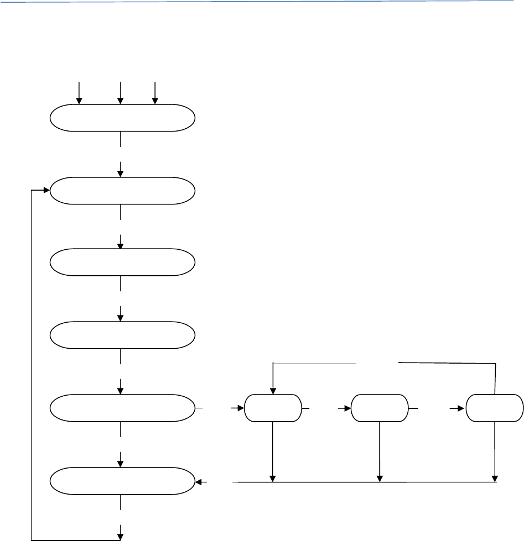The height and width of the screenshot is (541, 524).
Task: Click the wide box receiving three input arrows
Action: [x=122, y=118]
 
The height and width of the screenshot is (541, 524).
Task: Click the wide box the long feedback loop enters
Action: [x=122, y=191]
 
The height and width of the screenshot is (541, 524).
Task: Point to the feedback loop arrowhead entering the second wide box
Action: [x=46, y=191]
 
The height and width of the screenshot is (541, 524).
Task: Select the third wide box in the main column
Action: [x=122, y=263]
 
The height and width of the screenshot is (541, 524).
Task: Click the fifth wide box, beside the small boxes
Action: [x=122, y=408]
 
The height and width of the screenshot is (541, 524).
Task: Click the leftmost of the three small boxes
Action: [x=273, y=408]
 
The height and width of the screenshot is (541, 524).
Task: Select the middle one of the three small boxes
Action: [x=380, y=408]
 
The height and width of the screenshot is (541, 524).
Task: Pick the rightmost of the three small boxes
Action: [x=494, y=408]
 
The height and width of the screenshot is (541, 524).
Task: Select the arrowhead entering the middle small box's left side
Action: [x=346, y=408]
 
